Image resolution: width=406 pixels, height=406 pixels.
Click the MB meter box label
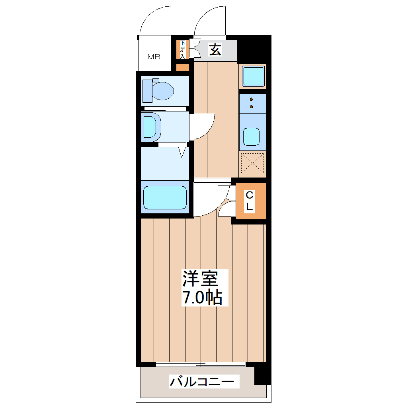pyautogui.click(x=154, y=57)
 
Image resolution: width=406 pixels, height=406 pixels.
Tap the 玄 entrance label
pyautogui.click(x=215, y=50)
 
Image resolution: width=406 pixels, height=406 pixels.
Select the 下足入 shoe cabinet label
pyautogui.click(x=183, y=50)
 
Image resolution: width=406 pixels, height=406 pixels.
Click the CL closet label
pyautogui.click(x=250, y=201)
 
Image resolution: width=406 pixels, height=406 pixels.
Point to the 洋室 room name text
pyautogui.click(x=200, y=279)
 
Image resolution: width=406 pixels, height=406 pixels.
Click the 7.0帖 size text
pyautogui.click(x=202, y=298)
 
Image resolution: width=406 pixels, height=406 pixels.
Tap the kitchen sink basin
pyautogui.click(x=252, y=137)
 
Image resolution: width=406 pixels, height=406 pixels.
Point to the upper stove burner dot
pyautogui.click(x=252, y=100)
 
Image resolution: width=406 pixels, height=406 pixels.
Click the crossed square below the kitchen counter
pyautogui.click(x=253, y=163)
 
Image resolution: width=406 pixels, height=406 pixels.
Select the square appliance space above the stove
pyautogui.click(x=253, y=76)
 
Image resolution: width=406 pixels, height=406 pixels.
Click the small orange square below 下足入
pyautogui.click(x=183, y=67)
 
